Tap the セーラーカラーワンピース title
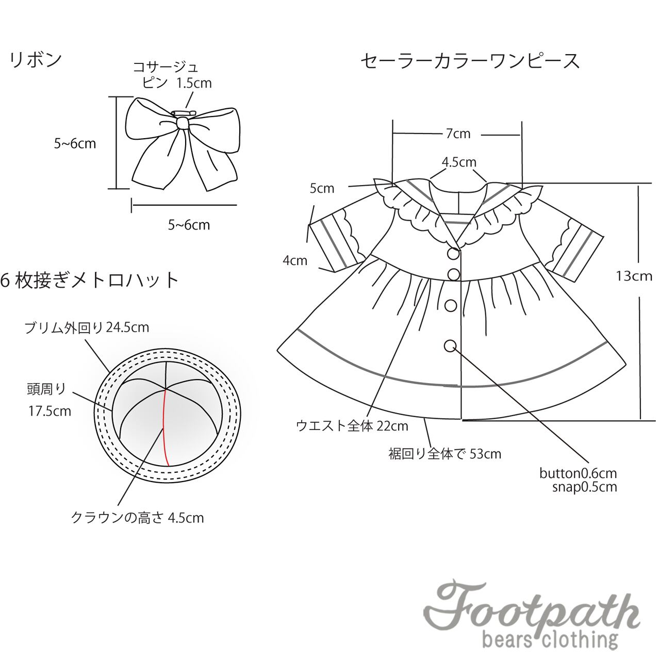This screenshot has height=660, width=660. point(470,61)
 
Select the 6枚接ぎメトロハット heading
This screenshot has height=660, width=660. point(90,280)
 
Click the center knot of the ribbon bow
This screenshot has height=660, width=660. point(182,123)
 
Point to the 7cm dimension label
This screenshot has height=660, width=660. point(458,134)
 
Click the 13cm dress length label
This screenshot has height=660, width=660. point(634,276)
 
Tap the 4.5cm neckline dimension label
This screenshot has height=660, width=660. point(459,162)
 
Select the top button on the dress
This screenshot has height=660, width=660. point(453,254)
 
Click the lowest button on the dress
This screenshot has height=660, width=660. point(450,345)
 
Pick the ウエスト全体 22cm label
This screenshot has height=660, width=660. point(352,426)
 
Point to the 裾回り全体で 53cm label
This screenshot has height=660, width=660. point(444,454)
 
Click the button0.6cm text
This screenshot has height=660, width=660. point(578,473)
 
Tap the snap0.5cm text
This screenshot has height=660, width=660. point(584,487)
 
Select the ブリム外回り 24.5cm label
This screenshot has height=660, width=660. point(87,327)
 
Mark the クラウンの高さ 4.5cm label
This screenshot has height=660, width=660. point(137,517)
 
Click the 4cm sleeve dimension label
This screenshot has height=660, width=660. point(295,260)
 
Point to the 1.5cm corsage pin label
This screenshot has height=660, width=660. point(194,83)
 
